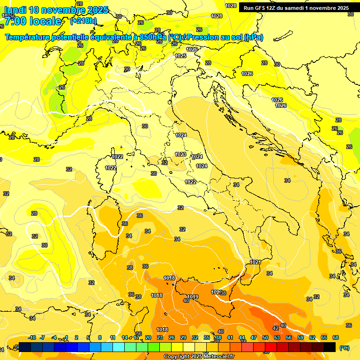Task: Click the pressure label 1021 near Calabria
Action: pyautogui.click(x=255, y=262)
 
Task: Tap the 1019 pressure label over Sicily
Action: pyautogui.click(x=193, y=297)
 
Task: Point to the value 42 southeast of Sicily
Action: pyautogui.click(x=276, y=328)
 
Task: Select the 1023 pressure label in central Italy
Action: pyautogui.click(x=180, y=154)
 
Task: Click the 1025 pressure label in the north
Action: pyautogui.click(x=180, y=56)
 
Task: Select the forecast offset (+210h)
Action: pyautogui.click(x=83, y=21)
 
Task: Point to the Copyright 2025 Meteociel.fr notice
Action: pyautogui.click(x=199, y=357)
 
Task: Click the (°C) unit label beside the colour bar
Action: pyautogui.click(x=345, y=348)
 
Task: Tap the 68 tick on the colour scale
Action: pyautogui.click(x=336, y=337)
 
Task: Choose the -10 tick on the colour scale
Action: pyautogui.click(x=32, y=337)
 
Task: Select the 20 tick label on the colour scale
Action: pyautogui.click(x=148, y=337)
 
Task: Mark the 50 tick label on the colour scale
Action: pyautogui.click(x=265, y=337)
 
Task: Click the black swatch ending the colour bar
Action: pyautogui.click(x=330, y=347)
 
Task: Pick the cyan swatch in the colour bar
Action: pyautogui.click(x=119, y=347)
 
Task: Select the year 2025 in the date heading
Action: pyautogui.click(x=97, y=10)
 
